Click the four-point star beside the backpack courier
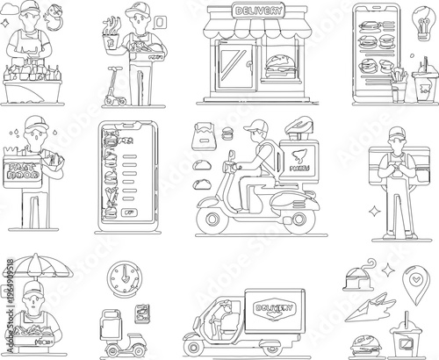[x=373, y=211]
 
